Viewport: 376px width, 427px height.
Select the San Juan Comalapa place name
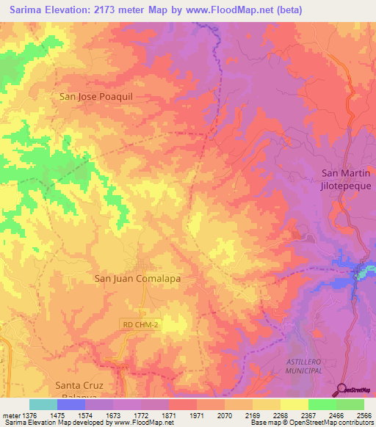point(138,279)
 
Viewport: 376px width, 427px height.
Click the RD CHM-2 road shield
point(139,323)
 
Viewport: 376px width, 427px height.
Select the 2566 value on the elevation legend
point(364,415)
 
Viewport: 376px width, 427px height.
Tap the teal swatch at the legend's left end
point(43,404)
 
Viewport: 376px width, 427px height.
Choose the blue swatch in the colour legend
point(71,404)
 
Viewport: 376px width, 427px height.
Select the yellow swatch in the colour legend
point(294,404)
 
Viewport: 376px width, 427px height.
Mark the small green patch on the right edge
point(365,273)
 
